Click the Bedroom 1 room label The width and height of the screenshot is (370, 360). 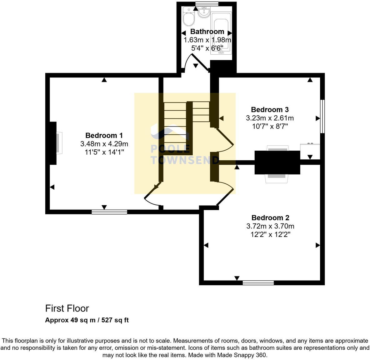point(104,135)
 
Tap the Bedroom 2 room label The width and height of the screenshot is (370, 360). point(270,217)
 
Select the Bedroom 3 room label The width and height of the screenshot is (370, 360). point(270,109)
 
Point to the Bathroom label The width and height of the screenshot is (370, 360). point(207,31)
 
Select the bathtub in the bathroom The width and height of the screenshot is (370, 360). point(221,33)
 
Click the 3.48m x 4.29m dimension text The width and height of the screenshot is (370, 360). point(104,144)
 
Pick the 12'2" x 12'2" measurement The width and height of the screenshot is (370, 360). point(270,234)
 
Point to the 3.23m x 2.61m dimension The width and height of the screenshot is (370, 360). point(270,118)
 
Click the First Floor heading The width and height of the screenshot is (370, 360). point(67,308)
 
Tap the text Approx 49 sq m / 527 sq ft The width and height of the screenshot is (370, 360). point(87,320)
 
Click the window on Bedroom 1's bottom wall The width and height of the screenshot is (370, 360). point(109,212)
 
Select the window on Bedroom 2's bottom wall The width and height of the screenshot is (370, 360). point(258,282)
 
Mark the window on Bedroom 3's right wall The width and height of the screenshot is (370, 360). point(322,116)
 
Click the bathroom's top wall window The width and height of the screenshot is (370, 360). point(207,3)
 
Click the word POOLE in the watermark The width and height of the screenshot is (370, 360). point(170,149)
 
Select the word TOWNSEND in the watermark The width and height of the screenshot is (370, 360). point(185,160)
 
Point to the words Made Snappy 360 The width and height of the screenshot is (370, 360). point(242,355)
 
